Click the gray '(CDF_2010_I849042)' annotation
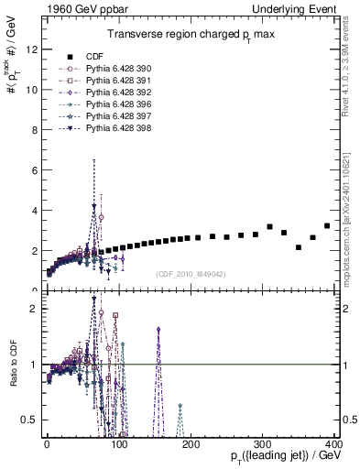click(191, 274)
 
